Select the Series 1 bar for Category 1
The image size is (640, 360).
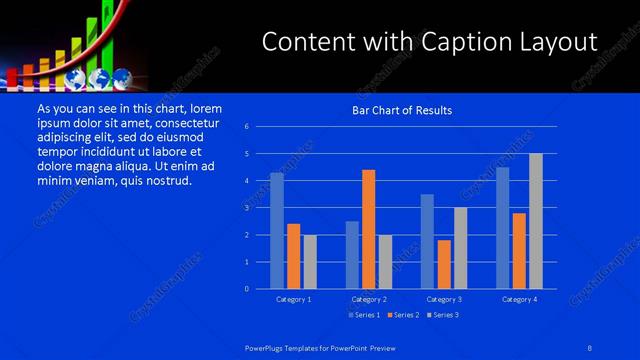(x=277, y=231)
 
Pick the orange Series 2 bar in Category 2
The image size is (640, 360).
(x=369, y=229)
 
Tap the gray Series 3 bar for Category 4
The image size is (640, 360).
(x=535, y=221)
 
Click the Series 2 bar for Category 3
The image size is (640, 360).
(x=444, y=264)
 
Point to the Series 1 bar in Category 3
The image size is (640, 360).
(x=427, y=241)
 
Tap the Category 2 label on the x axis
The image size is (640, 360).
(x=369, y=299)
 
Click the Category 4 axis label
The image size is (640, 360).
(x=518, y=299)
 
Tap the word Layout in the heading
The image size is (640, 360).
(x=554, y=41)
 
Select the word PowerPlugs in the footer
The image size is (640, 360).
(x=267, y=346)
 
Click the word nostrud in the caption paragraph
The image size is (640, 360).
(x=165, y=181)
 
